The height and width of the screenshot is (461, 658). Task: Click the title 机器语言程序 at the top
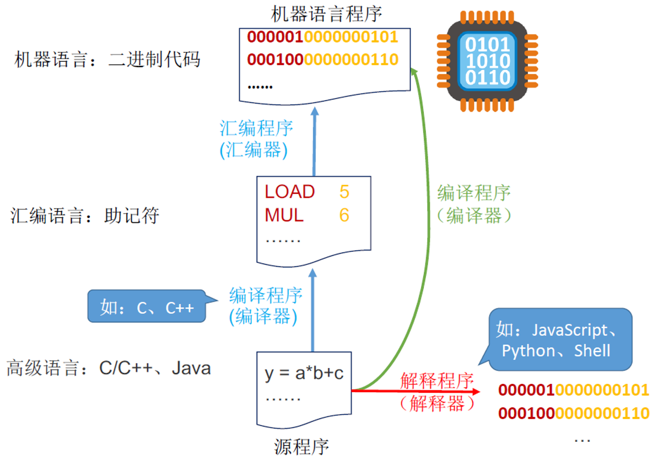coord(327,14)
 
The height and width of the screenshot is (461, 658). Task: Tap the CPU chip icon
coord(487,61)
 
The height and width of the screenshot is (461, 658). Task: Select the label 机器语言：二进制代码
coord(107,59)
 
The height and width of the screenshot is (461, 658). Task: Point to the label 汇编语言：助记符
coord(85,215)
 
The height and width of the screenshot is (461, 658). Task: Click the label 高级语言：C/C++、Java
coord(109,367)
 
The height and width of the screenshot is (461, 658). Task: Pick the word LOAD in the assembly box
coord(290,192)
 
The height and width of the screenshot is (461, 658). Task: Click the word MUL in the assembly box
coord(284,215)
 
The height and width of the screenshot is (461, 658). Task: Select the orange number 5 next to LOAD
coord(344,192)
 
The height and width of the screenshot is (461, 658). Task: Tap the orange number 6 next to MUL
coord(344,215)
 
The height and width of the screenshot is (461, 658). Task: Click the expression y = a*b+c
coord(304,373)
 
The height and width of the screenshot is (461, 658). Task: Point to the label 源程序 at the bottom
coord(301,447)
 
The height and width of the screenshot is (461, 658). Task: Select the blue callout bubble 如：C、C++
coord(147,307)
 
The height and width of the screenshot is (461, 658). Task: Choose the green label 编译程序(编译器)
coord(474,204)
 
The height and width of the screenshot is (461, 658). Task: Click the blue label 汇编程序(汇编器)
coord(257,139)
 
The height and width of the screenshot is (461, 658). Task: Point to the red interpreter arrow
coord(419,391)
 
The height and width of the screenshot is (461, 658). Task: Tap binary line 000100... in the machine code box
coord(322,59)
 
